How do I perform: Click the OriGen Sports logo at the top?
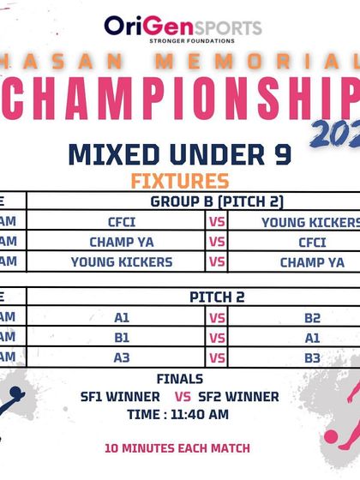182,26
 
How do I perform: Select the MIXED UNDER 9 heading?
179,156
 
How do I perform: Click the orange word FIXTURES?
179,181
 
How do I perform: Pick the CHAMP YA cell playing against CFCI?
121,242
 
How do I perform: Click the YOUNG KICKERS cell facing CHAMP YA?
121,262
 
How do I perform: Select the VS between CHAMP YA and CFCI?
217,242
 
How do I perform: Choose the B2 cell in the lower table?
312,318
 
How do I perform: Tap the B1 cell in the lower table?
122,338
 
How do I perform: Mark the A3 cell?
122,358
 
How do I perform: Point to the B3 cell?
312,358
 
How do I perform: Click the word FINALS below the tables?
179,379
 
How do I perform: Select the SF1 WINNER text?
120,397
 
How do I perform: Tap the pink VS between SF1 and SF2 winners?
183,397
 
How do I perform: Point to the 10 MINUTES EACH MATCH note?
177,447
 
